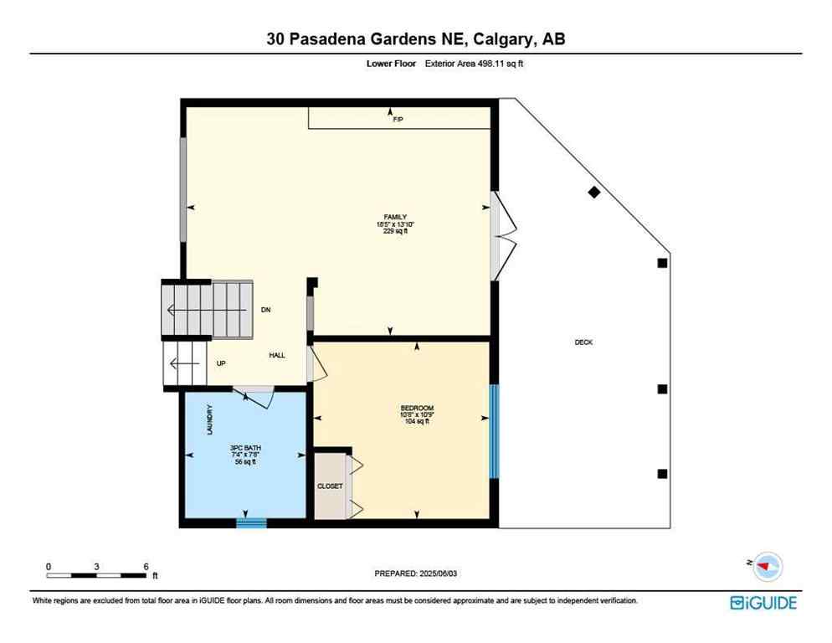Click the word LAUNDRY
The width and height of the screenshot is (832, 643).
(x=210, y=421)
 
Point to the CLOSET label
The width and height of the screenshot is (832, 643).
(x=329, y=486)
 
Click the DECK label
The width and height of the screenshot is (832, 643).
(x=583, y=342)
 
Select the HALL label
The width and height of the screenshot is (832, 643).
(x=277, y=356)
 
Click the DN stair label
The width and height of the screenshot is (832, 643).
(x=265, y=311)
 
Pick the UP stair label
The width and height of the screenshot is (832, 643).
(x=221, y=363)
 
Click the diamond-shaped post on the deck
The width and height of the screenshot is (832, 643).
(x=594, y=193)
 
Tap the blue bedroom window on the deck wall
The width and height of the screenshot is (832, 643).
(x=494, y=431)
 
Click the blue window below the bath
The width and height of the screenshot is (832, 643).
(x=251, y=523)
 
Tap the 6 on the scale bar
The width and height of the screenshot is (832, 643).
(x=146, y=566)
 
